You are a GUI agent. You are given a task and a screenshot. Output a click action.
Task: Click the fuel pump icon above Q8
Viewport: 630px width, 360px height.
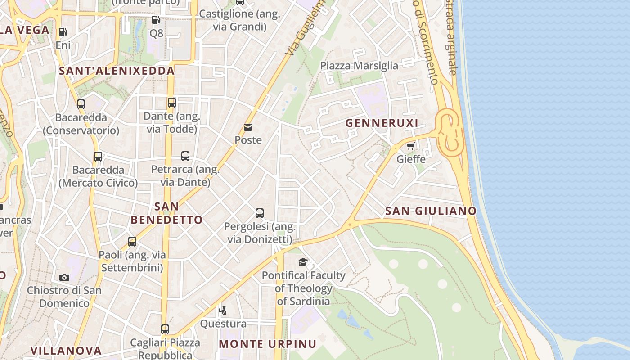156,19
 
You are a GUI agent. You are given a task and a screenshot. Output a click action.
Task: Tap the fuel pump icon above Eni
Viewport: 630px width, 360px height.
63,32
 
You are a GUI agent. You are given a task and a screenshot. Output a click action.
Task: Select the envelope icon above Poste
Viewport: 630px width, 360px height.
248,127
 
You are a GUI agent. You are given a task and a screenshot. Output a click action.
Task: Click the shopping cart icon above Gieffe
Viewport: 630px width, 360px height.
410,146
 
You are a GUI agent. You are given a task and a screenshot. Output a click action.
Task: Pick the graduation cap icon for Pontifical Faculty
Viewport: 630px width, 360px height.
303,262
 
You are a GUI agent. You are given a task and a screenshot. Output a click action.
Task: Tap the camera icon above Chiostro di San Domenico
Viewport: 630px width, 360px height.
64,277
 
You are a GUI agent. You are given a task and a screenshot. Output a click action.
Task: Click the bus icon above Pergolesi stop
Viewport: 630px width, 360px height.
260,213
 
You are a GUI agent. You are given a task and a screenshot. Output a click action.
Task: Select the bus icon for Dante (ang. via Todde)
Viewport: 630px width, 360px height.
172,103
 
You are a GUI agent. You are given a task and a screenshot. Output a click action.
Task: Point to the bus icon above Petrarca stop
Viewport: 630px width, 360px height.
185,156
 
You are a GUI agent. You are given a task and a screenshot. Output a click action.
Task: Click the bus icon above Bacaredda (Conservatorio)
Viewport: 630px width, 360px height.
81,104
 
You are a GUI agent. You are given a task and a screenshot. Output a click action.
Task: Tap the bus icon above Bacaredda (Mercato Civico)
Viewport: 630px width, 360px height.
98,157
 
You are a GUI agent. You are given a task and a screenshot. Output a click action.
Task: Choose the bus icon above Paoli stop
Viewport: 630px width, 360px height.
132,242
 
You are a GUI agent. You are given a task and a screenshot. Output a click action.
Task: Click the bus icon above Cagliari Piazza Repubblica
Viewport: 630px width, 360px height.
165,329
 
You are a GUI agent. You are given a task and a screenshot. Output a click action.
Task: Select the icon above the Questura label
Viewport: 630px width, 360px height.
223,310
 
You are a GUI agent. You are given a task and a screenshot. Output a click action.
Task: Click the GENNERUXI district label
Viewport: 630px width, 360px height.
382,123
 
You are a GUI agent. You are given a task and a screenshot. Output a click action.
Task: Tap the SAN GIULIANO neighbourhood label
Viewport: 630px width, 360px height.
431,211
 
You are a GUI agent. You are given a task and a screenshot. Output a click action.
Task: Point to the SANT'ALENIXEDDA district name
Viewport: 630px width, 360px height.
117,71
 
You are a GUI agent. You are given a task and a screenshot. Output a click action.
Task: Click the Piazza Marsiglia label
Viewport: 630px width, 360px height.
359,66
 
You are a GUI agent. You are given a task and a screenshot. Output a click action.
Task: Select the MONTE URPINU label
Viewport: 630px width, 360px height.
268,344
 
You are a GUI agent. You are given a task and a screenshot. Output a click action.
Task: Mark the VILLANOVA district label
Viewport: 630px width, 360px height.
66,350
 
